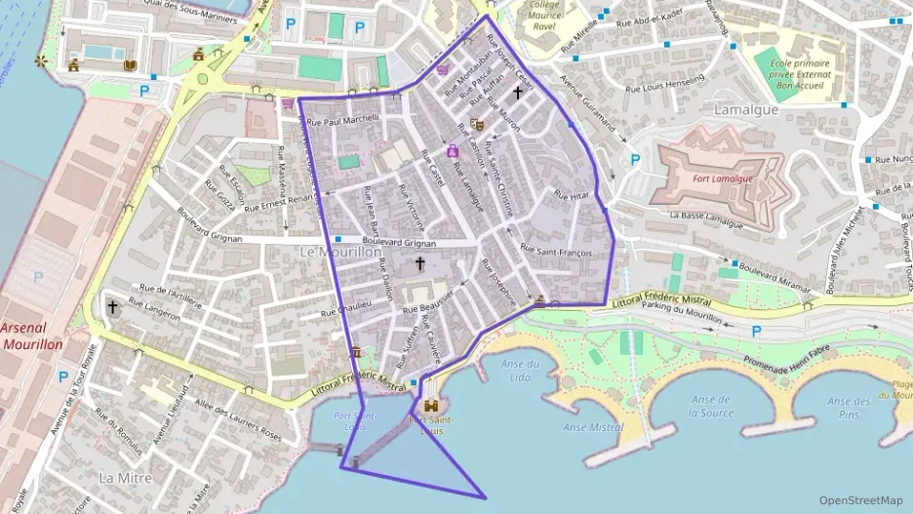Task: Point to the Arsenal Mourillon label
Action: (x=32, y=336)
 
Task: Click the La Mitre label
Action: (x=124, y=477)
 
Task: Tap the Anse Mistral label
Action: (x=593, y=427)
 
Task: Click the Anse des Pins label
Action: (x=848, y=407)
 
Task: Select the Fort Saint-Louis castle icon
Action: (x=430, y=406)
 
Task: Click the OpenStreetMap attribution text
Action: (x=860, y=499)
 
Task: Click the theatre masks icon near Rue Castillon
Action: (x=476, y=124)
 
